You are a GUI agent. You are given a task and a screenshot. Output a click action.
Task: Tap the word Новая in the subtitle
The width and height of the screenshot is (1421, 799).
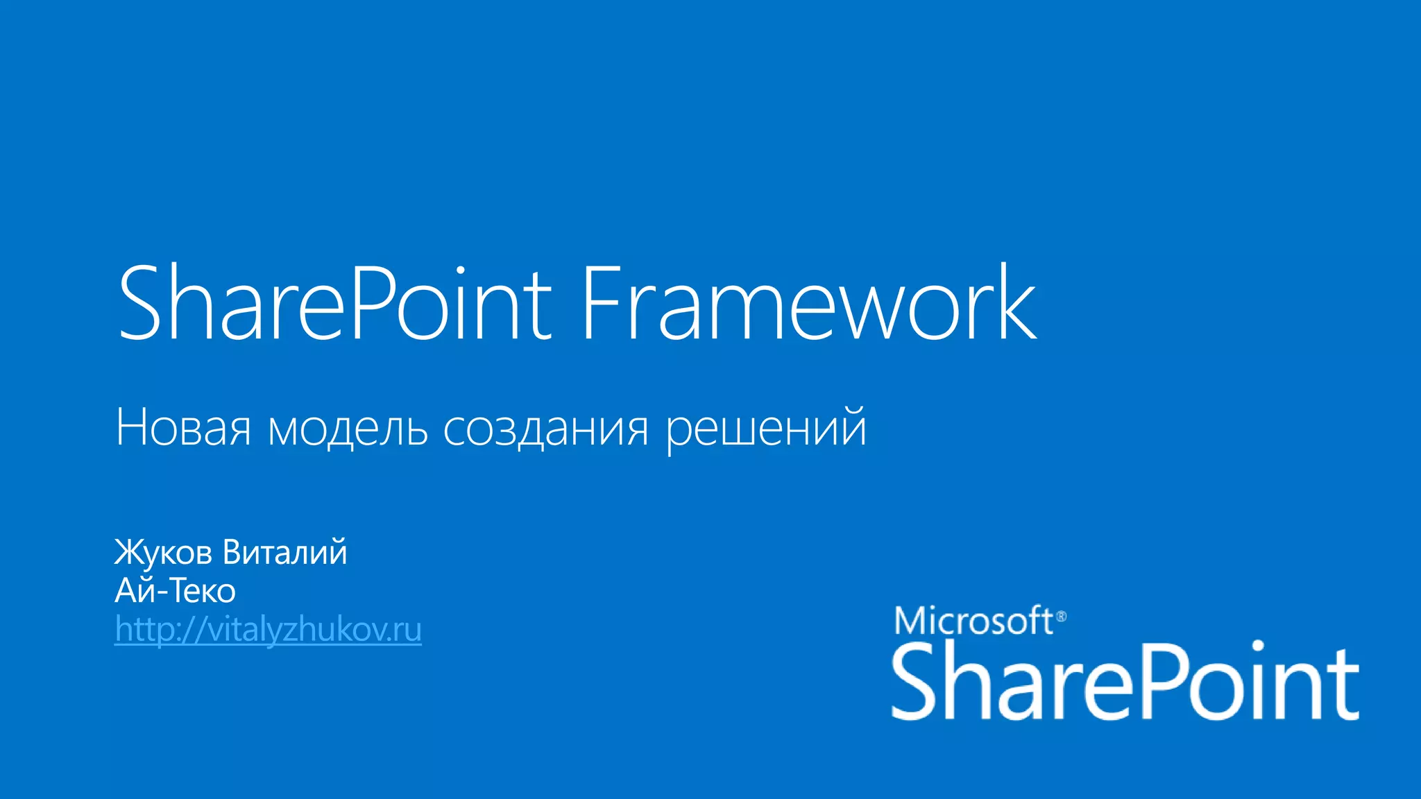pos(183,428)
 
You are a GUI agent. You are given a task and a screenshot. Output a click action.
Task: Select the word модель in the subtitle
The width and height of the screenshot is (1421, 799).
pos(348,428)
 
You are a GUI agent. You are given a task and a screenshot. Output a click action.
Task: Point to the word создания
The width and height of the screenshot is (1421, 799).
pos(545,428)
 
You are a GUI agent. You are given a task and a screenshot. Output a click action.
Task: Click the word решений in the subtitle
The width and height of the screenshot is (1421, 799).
pos(766,428)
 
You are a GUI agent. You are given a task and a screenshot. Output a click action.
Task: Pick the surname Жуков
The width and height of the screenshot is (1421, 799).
pos(163,553)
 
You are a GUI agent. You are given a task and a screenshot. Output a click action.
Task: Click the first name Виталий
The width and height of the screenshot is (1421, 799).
pos(284,553)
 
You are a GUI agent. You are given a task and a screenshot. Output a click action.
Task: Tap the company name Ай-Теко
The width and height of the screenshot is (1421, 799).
pos(175,591)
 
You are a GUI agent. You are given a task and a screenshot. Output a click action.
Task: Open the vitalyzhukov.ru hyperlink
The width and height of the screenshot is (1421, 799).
pos(268,630)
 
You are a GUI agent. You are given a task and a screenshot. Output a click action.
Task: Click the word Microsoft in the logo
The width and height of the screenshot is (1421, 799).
pos(973,621)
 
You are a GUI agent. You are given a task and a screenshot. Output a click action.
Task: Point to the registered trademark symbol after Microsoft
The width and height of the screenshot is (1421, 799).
pos(1061,616)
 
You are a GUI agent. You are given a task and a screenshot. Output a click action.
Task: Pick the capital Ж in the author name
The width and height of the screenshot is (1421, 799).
pos(128,553)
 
